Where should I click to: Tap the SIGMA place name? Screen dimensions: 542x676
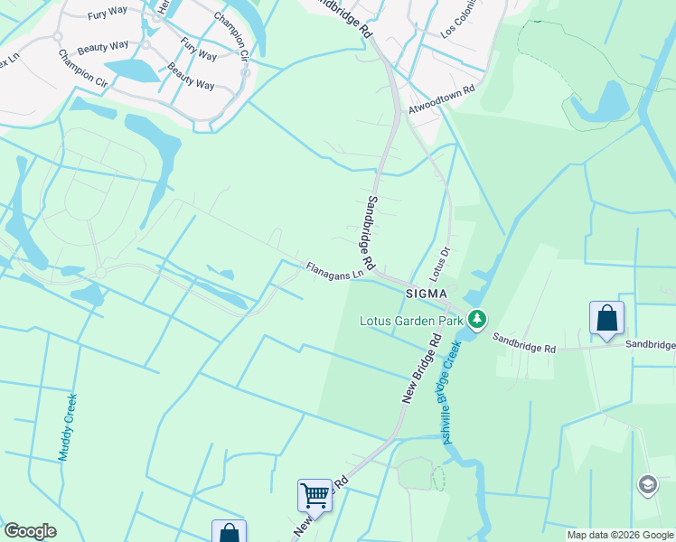(427, 294)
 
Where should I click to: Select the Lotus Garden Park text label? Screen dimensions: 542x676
(410, 320)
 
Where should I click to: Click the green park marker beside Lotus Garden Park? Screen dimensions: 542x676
(477, 319)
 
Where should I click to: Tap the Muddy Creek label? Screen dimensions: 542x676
(68, 426)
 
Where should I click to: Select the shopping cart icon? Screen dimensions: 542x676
(315, 494)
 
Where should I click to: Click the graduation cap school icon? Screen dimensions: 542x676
(647, 485)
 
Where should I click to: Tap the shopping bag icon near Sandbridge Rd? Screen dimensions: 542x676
(606, 318)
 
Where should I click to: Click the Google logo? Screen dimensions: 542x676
(30, 531)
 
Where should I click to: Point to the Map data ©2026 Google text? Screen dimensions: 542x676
(620, 535)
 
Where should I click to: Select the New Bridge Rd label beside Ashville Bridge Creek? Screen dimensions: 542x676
(420, 367)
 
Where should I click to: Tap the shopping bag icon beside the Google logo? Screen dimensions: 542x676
(229, 533)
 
